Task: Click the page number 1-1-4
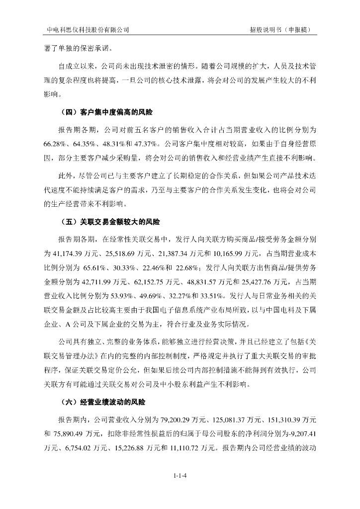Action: point(180,476)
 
